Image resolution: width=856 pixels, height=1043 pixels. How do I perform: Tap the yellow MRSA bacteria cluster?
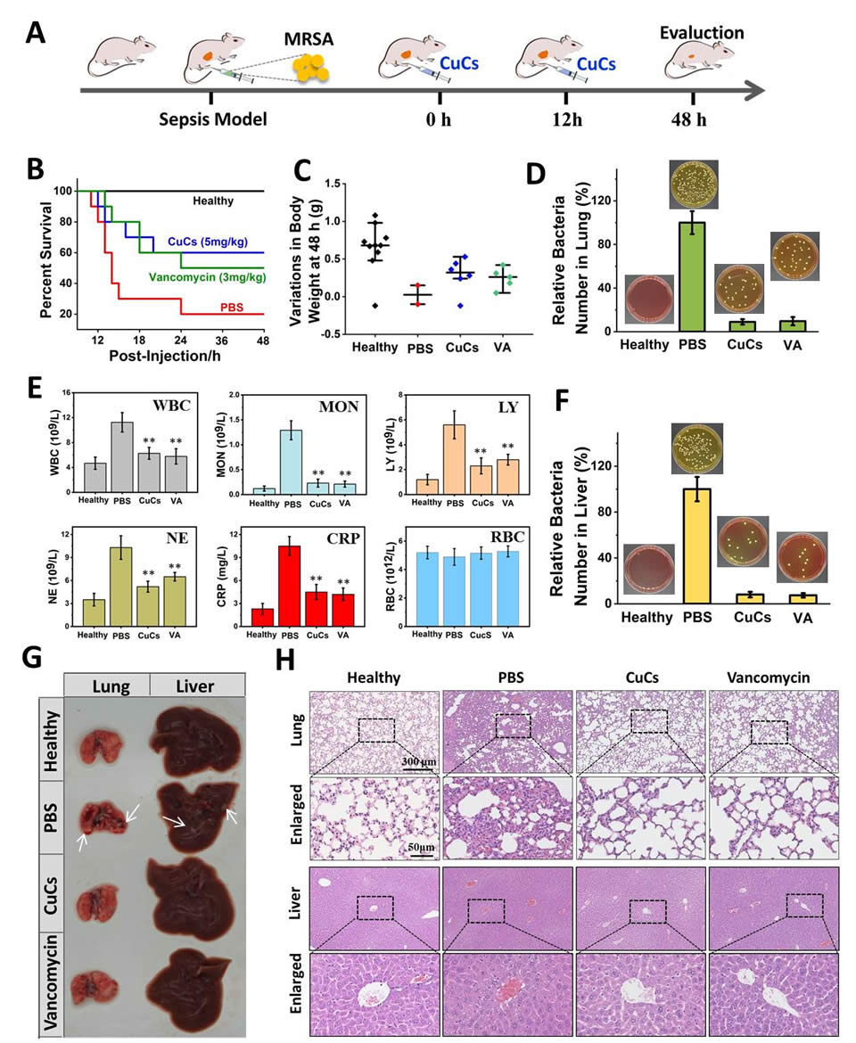pos(312,66)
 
